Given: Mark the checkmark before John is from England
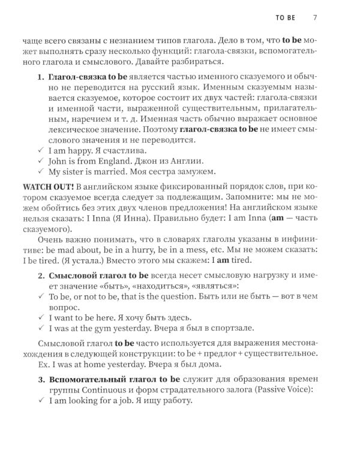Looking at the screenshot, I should pos(40,161).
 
